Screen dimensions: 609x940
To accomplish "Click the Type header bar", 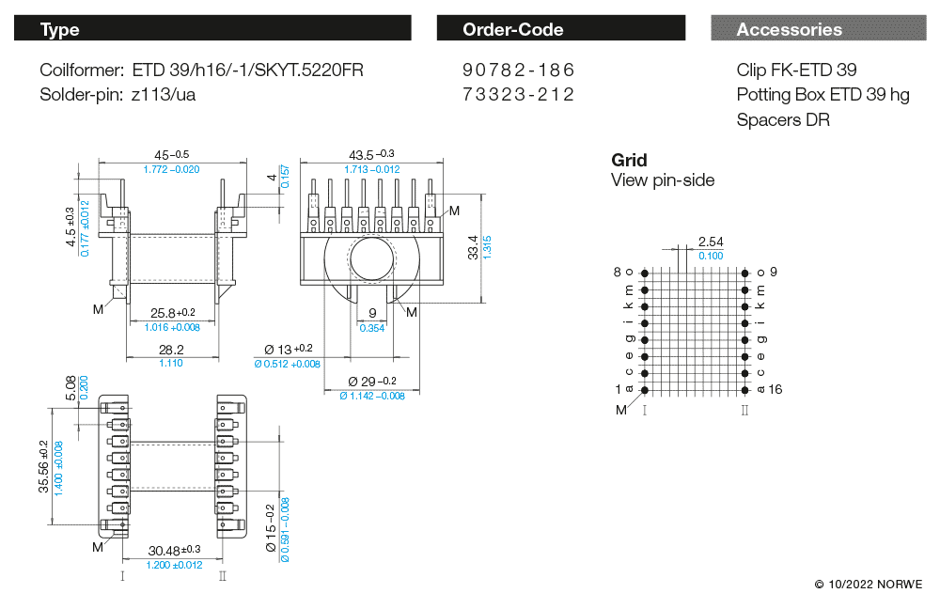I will pos(212,29).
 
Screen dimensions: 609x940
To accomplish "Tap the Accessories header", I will pos(818,29).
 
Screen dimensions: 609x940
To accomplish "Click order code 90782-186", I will pos(518,70).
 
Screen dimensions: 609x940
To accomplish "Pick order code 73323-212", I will pos(518,94).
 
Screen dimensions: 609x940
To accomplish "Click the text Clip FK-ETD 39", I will pos(796,70).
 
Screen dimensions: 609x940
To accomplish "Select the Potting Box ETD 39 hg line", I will pos(822,95).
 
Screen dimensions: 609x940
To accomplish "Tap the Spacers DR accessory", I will pos(783,119).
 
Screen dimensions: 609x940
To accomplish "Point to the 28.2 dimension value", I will pos(170,350).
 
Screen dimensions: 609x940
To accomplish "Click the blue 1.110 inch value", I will pos(170,363).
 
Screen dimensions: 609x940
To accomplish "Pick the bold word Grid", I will pos(629,160).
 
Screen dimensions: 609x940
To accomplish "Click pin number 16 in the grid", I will pos(775,389).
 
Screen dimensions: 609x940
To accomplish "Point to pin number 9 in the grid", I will pos(774,272).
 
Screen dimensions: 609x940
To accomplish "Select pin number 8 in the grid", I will pos(618,272).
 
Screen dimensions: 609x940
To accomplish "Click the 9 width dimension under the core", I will pos(372,314).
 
